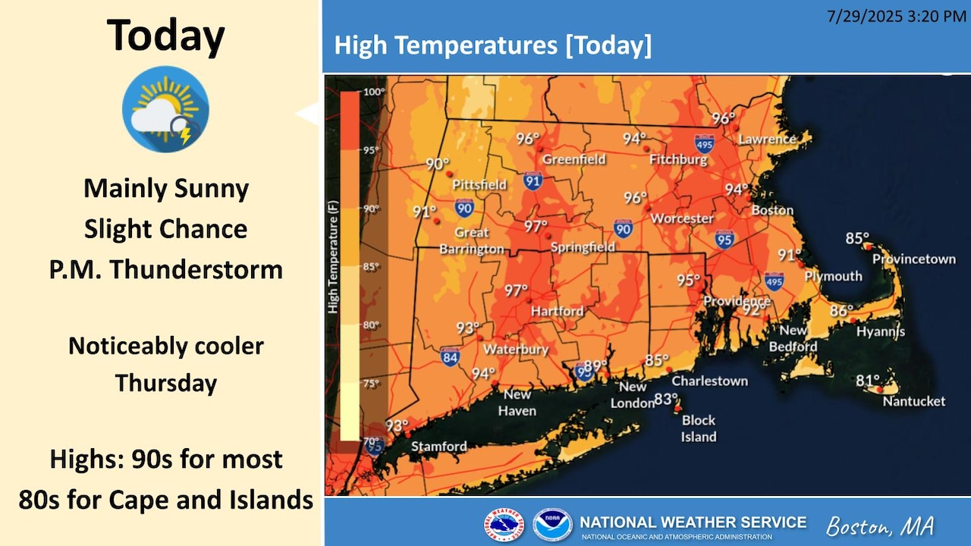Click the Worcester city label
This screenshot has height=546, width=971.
tap(682, 218)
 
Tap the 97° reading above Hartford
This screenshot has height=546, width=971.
tap(516, 290)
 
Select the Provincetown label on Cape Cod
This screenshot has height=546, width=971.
tap(913, 259)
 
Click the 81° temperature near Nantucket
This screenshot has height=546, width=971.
tap(868, 380)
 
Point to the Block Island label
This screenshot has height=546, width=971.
tap(698, 428)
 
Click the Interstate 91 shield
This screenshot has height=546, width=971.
tap(533, 180)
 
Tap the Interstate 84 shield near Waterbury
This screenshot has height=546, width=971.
tap(450, 356)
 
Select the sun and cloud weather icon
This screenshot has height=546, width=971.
tap(165, 109)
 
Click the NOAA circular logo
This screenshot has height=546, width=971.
tap(551, 525)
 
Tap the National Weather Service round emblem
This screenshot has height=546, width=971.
tap(504, 525)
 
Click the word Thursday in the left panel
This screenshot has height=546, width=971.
tap(166, 383)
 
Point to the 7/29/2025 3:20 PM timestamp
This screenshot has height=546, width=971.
tap(897, 16)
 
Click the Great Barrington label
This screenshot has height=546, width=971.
tap(471, 240)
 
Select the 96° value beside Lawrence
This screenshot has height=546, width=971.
tap(723, 118)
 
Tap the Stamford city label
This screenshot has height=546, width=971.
tap(438, 447)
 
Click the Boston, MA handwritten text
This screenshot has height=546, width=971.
tap(880, 526)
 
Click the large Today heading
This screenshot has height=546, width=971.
tap(165, 35)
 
